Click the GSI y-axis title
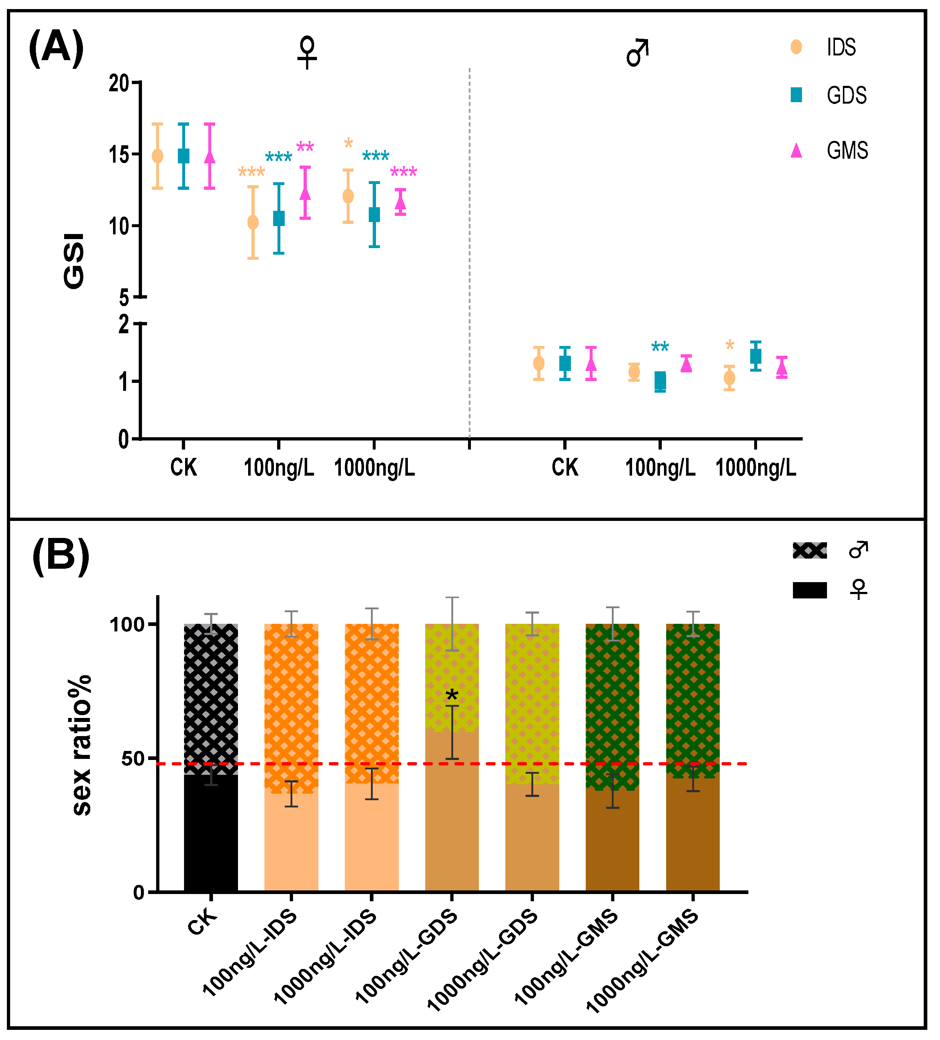coord(74,261)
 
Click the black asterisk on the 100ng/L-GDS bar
coord(451,697)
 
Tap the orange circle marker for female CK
coord(157,156)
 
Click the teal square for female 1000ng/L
coord(374,214)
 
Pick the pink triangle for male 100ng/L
coord(686,364)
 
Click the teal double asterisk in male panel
coord(660,347)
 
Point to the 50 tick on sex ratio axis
coord(133,758)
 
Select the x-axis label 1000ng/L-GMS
coord(642,965)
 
